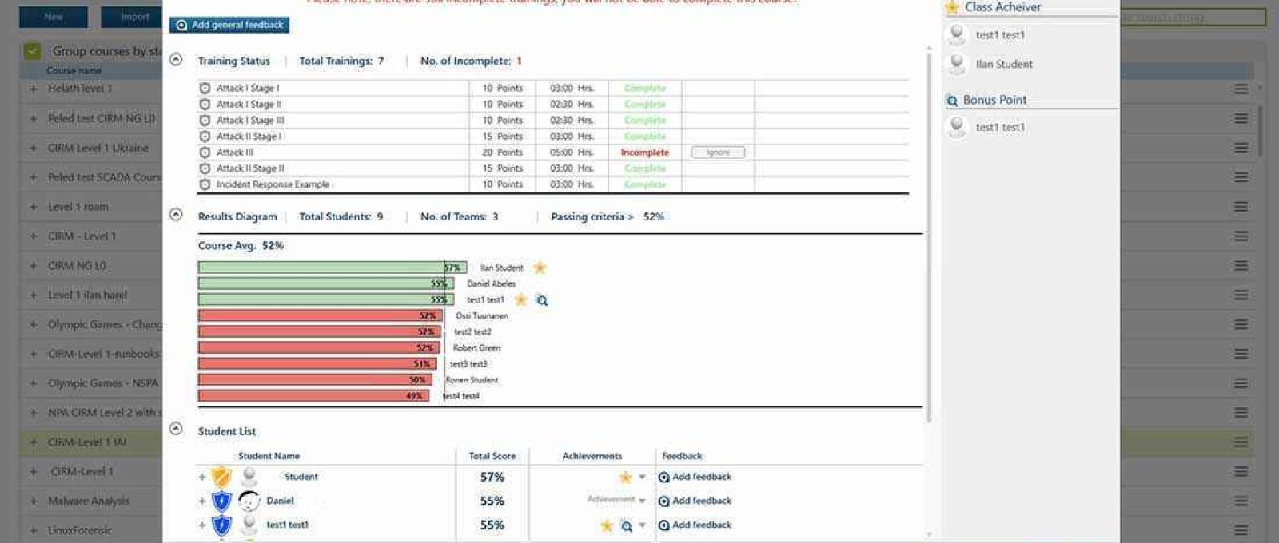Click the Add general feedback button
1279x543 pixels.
click(229, 25)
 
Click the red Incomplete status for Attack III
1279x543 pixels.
click(644, 153)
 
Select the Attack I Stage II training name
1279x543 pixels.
click(249, 105)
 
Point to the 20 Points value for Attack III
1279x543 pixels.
click(502, 153)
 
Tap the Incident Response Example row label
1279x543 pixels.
click(273, 184)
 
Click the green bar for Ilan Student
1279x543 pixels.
click(332, 268)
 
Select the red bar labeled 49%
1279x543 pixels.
click(313, 396)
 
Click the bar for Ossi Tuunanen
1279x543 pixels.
click(320, 315)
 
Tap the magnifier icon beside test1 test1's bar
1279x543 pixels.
click(542, 300)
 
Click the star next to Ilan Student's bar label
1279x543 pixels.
click(540, 268)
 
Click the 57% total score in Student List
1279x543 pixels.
click(492, 477)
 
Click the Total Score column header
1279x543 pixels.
click(492, 456)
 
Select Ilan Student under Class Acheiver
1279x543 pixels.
click(1003, 64)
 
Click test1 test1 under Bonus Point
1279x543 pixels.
click(999, 127)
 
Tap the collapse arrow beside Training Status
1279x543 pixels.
click(176, 60)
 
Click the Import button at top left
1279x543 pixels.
click(133, 17)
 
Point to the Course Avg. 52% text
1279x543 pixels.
click(241, 246)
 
